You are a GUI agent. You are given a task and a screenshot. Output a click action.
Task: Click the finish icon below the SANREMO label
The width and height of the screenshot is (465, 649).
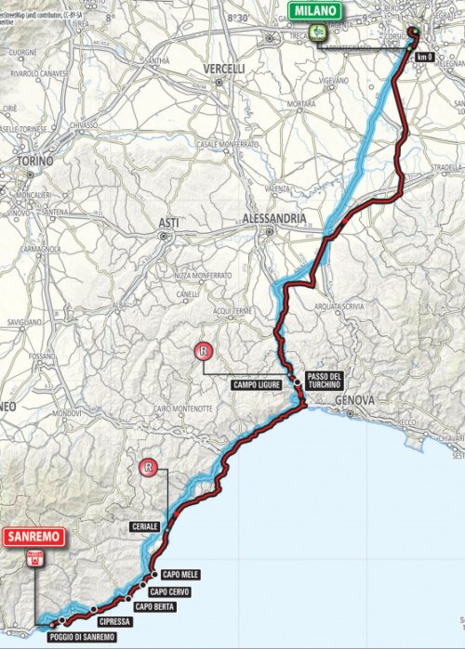[35, 558]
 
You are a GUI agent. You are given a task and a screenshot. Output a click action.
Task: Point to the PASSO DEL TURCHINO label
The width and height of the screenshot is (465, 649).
[324, 382]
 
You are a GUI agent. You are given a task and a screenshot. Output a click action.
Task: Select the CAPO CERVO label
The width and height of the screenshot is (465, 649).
[170, 591]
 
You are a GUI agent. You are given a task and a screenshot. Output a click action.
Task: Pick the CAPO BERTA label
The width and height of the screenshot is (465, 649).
[154, 606]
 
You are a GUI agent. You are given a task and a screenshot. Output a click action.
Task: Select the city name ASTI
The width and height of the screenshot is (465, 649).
[168, 223]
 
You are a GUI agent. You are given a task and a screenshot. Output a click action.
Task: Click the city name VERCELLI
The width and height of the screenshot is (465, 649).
[223, 69]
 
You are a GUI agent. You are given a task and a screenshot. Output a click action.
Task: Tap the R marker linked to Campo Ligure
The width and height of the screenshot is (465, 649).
[202, 351]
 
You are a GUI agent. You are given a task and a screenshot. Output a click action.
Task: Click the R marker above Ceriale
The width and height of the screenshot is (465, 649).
[146, 468]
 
